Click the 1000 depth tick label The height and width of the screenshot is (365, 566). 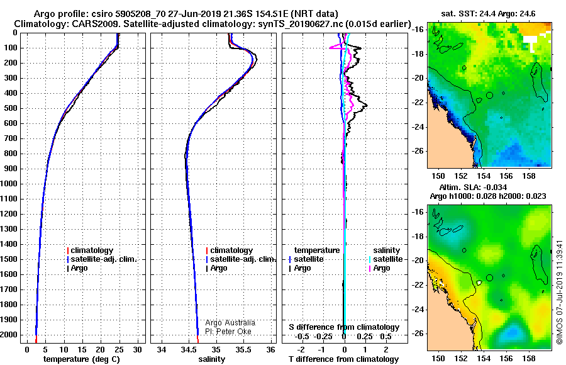[9, 184]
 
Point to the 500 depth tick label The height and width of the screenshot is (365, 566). [11, 108]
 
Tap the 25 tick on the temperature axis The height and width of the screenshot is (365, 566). [119, 350]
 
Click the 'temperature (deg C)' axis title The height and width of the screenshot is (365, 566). [82, 359]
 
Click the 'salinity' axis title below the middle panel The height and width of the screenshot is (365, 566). [211, 359]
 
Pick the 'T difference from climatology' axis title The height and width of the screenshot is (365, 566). [343, 359]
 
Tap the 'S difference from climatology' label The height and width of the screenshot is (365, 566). [344, 327]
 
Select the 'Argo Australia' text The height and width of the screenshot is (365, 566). [230, 323]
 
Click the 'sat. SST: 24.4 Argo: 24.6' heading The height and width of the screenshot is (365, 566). [488, 14]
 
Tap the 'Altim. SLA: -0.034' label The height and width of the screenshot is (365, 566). [473, 187]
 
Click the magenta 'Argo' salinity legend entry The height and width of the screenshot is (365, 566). [381, 268]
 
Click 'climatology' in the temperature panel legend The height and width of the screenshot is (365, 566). [92, 250]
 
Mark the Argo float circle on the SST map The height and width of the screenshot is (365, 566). [489, 96]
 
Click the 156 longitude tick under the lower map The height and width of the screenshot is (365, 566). [506, 359]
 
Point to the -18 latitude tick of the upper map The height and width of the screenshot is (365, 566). [418, 54]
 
